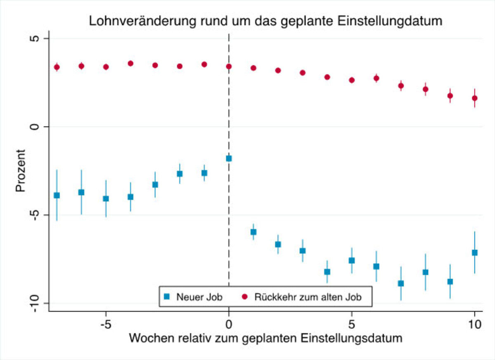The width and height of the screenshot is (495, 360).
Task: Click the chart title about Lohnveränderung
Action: pyautogui.click(x=266, y=21)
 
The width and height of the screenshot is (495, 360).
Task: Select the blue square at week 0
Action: pyautogui.click(x=229, y=158)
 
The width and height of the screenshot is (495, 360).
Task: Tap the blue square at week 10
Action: pyautogui.click(x=475, y=253)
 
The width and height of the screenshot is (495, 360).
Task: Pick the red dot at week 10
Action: pyautogui.click(x=475, y=98)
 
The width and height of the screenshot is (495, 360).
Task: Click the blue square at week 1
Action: pyautogui.click(x=253, y=232)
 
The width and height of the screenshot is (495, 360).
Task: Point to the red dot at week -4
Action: pyautogui.click(x=130, y=64)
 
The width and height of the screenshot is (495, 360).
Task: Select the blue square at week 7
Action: pyautogui.click(x=401, y=283)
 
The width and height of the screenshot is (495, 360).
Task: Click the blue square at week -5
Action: pyautogui.click(x=106, y=198)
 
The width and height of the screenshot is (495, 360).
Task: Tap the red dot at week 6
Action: pyautogui.click(x=376, y=78)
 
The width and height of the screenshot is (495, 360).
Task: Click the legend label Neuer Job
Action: pyautogui.click(x=200, y=297)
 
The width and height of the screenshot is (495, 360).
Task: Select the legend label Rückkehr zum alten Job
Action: pyautogui.click(x=308, y=297)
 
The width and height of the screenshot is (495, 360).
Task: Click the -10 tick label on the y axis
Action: pyautogui.click(x=35, y=303)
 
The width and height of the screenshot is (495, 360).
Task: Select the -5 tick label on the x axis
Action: pyautogui.click(x=106, y=324)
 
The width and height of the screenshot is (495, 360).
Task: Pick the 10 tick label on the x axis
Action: pyautogui.click(x=475, y=324)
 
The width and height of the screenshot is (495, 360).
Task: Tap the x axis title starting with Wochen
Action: pyautogui.click(x=266, y=339)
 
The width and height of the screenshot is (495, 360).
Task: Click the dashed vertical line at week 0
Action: pyautogui.click(x=229, y=103)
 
